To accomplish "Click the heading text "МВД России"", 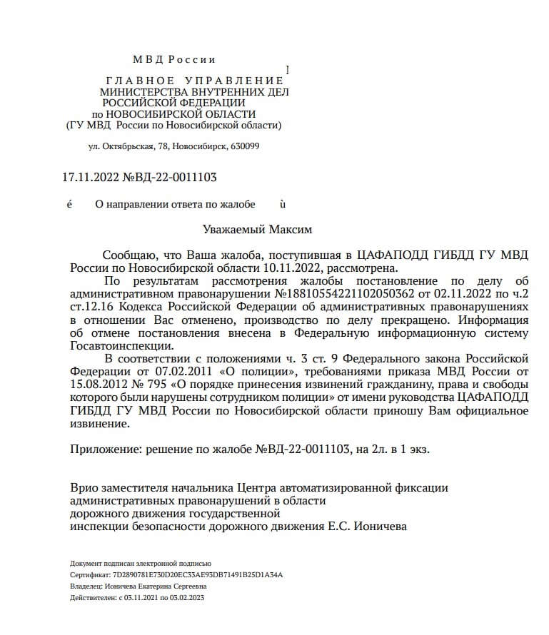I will pyautogui.click(x=173, y=60).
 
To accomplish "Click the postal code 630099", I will pyautogui.click(x=244, y=146).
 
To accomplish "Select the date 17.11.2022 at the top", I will pyautogui.click(x=91, y=178).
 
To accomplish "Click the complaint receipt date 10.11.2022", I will pyautogui.click(x=298, y=268).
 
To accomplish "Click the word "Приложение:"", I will pyautogui.click(x=105, y=449).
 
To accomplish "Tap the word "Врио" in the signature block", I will pyautogui.click(x=84, y=488).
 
